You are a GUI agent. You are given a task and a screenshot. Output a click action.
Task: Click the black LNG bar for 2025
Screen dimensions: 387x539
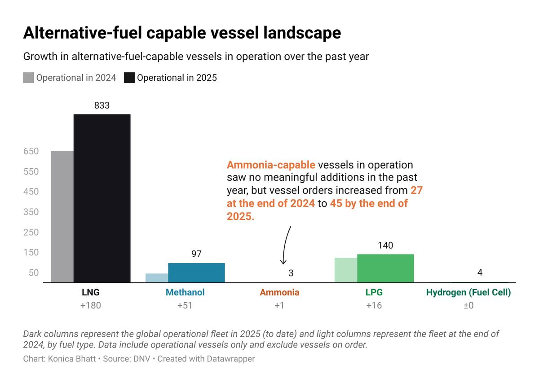pos(102,198)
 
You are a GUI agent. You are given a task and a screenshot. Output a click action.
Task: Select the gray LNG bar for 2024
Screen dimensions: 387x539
pos(62,217)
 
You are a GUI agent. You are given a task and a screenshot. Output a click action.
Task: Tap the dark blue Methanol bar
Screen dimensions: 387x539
pos(196,273)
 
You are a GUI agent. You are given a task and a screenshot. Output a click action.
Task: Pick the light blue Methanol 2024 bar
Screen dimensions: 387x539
pos(157,278)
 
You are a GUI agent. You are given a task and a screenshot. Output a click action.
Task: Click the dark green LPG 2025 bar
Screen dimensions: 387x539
pos(385,268)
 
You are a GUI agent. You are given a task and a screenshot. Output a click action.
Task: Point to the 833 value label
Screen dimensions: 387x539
pos(102,106)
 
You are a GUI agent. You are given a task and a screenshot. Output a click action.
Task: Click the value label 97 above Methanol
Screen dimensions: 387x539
pos(196,254)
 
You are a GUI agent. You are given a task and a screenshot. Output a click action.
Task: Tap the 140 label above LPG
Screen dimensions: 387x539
pos(385,245)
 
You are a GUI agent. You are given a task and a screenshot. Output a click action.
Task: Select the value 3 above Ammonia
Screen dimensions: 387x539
pos(291,273)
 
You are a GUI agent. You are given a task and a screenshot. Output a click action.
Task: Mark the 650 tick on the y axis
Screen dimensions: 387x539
pos(31,151)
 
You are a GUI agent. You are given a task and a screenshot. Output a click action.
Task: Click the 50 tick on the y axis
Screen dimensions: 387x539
pos(33,273)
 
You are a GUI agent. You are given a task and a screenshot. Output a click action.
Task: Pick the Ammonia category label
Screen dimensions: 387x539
pos(279,292)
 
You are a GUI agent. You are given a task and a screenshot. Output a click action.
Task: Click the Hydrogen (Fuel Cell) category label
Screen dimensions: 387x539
pos(468,292)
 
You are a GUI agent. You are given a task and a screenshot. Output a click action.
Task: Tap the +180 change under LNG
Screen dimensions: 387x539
pos(91,305)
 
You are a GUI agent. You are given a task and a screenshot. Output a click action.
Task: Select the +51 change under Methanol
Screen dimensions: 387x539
pos(185,305)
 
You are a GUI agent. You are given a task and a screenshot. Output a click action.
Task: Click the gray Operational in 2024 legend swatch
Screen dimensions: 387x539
pos(28,78)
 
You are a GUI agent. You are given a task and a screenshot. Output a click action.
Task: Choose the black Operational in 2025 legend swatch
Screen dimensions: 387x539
pos(129,78)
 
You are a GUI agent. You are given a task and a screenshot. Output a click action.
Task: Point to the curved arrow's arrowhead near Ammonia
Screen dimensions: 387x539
pos(283,263)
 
